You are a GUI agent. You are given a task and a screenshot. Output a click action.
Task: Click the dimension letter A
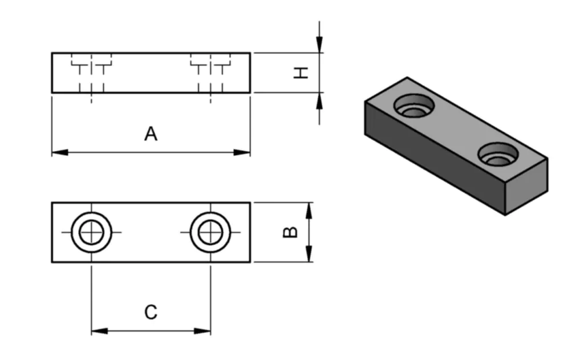[x=150, y=134]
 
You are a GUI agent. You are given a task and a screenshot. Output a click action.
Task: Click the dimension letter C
[x=150, y=312]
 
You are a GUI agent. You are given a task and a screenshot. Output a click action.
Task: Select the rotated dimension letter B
[x=290, y=232]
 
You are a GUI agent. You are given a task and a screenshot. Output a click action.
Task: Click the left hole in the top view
[x=91, y=232]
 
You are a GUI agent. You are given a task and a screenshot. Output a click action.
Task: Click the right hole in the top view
[x=210, y=232]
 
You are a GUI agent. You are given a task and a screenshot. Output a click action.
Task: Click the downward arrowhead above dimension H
[x=319, y=45]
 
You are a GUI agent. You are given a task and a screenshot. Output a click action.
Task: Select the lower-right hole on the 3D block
[x=498, y=155]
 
